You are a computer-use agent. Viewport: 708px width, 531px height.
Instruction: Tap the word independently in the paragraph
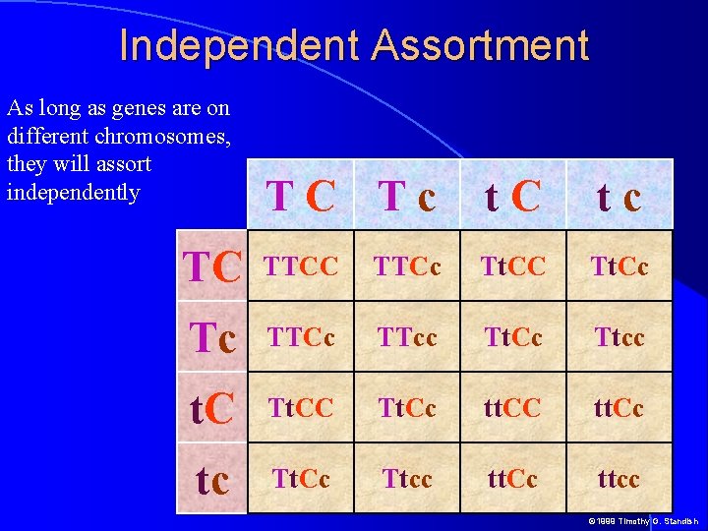tap(73, 191)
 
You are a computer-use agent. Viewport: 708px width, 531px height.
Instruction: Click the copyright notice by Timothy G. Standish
tap(643, 521)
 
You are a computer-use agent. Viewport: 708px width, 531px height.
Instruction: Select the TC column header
tap(302, 197)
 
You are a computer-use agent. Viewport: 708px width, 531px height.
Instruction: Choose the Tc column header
tap(407, 197)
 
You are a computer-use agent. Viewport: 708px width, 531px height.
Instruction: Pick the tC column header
tap(512, 197)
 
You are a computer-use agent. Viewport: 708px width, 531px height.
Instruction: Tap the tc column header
tap(619, 197)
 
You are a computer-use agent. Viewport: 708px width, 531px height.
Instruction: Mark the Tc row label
tap(213, 337)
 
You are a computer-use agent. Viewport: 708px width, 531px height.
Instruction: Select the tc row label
tap(213, 479)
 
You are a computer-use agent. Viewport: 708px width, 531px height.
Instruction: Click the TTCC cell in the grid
tap(303, 265)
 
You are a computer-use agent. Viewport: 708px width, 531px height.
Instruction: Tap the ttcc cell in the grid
tap(619, 479)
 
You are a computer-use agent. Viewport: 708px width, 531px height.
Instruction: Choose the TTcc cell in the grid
tap(408, 337)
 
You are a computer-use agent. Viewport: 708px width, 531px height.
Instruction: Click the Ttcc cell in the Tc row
tap(619, 337)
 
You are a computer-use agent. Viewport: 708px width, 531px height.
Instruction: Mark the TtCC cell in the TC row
tap(513, 265)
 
